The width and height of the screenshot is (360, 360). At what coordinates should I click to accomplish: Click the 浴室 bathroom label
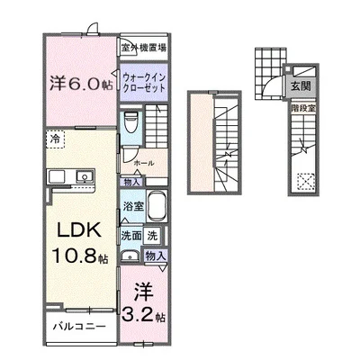click(x=132, y=206)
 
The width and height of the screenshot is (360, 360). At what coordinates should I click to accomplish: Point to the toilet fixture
click(x=131, y=121)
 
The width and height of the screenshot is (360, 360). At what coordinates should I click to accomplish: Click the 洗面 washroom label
click(x=131, y=236)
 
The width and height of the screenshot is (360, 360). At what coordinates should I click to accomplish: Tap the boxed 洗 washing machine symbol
click(x=153, y=236)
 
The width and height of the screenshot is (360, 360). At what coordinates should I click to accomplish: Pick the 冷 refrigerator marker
click(x=56, y=139)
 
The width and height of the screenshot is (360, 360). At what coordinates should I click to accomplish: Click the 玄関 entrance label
click(x=299, y=87)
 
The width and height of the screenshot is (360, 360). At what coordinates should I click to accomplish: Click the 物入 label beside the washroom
click(x=155, y=256)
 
